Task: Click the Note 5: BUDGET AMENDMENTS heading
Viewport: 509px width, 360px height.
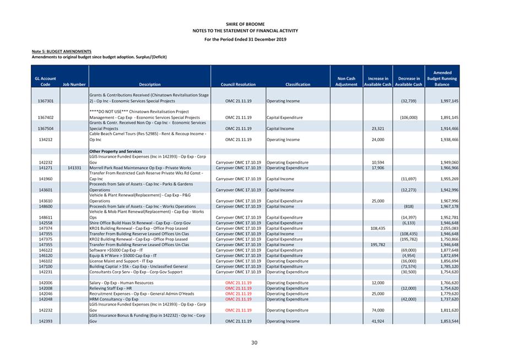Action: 62,51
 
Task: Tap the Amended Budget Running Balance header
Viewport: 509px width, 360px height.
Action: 442,79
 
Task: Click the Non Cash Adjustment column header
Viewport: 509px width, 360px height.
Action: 346,82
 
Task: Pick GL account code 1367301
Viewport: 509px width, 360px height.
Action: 46,101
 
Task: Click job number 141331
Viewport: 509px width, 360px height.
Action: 74,168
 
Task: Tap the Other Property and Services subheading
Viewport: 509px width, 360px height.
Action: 116,151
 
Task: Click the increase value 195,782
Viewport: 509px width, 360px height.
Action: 374,245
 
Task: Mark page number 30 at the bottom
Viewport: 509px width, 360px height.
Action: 254,343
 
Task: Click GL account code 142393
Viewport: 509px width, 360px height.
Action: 46,321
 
